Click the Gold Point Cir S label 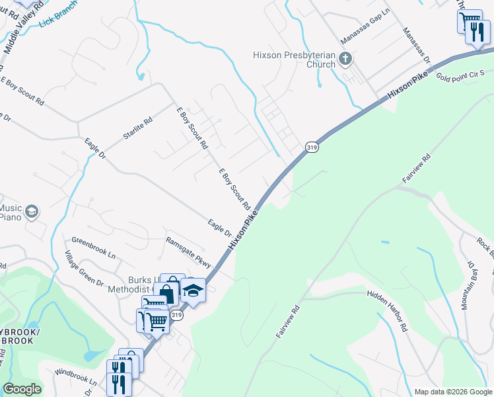[x=460, y=73]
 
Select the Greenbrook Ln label [x=93, y=247]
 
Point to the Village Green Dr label [x=85, y=269]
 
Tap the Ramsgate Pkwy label [x=188, y=251]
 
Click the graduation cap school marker [x=194, y=290]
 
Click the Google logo [x=22, y=389]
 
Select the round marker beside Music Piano [x=32, y=212]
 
